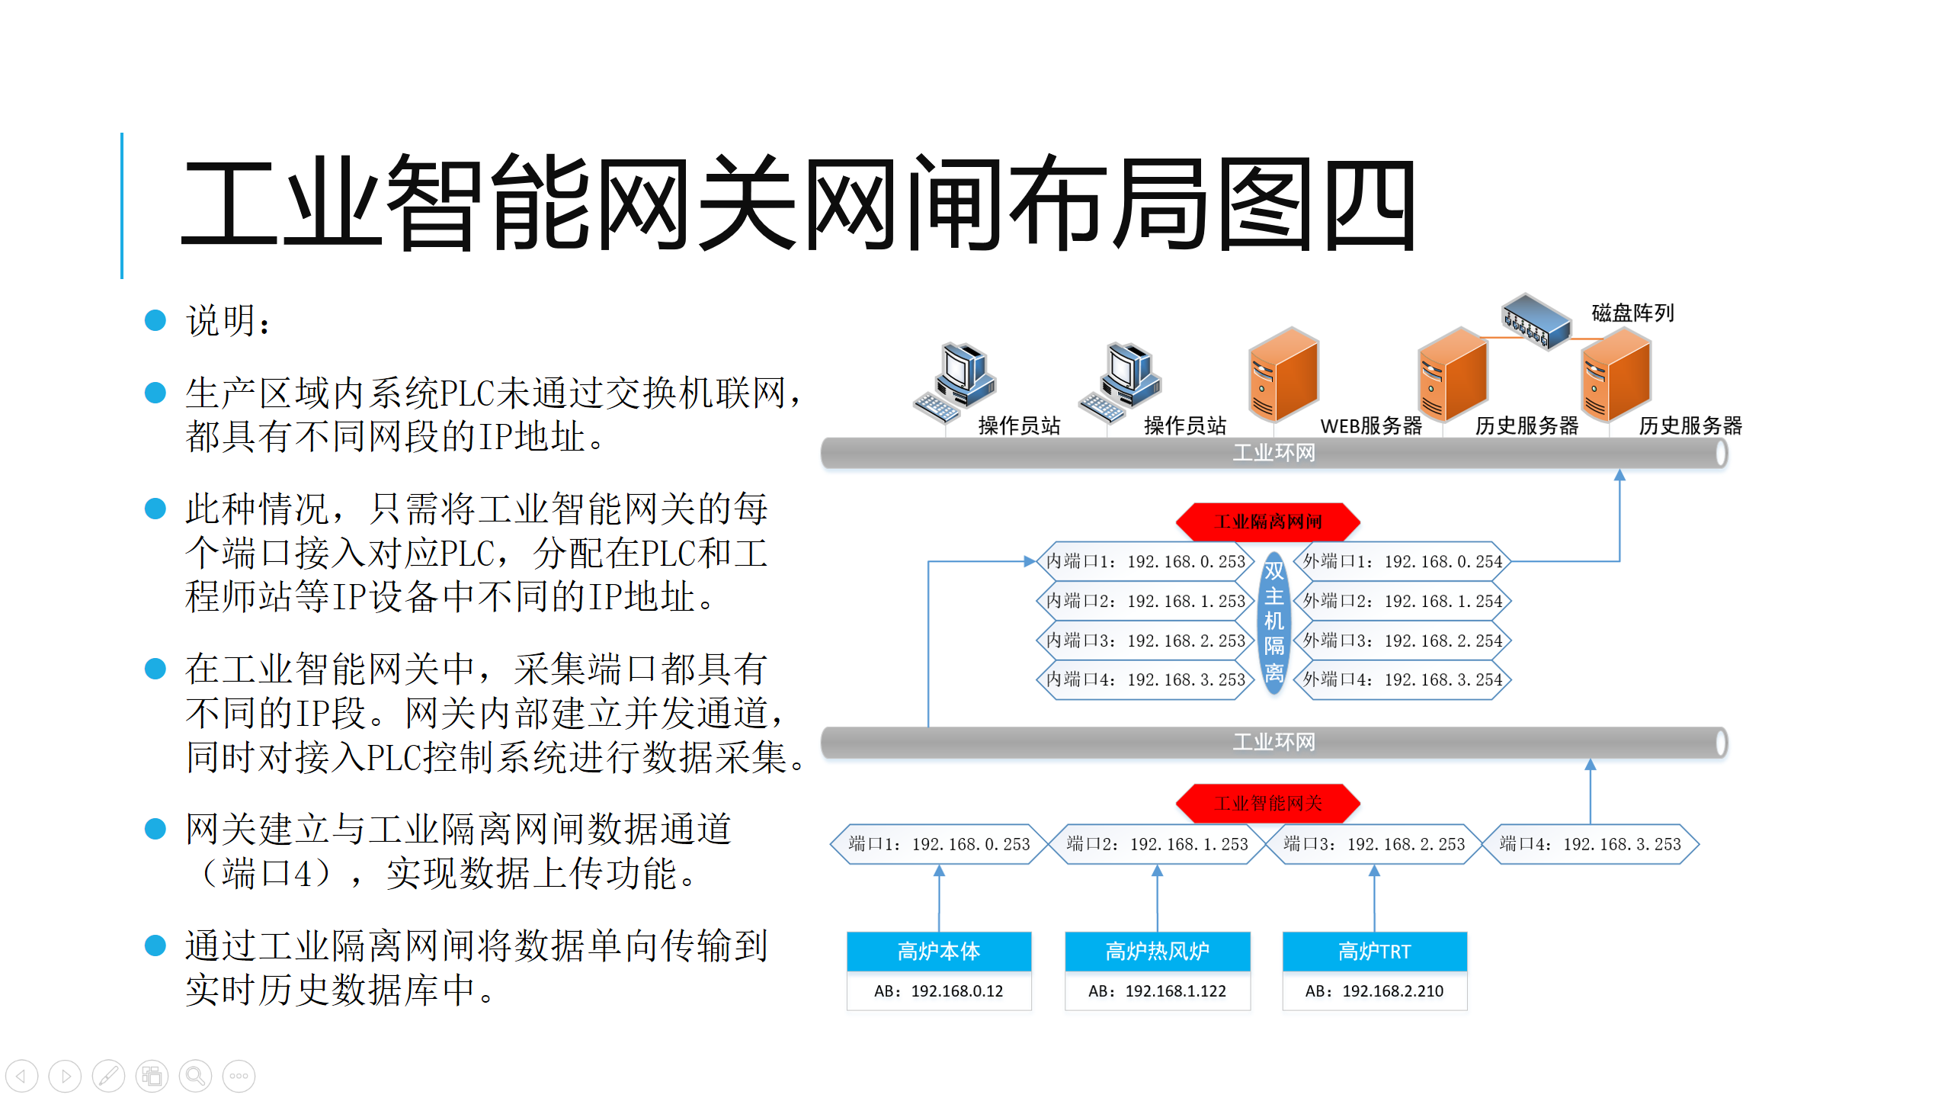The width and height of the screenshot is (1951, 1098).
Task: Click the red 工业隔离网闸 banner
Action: coord(1268,522)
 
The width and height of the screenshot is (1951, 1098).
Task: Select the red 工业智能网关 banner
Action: coord(1268,803)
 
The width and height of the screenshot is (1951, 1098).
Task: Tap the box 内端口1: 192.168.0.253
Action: coord(1145,562)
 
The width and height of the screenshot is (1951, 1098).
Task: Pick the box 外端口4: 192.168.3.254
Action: coord(1402,679)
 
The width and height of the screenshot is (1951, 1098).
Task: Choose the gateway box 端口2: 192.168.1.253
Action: coord(1157,844)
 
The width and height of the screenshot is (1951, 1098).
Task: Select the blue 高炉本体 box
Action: coord(939,952)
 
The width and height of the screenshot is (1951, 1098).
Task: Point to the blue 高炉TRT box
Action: coord(1374,952)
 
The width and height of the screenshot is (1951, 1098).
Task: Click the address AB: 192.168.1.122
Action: coord(1157,991)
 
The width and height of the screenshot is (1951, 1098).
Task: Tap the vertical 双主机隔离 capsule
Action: coord(1273,621)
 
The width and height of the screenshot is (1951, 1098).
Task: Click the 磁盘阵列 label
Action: coord(1632,313)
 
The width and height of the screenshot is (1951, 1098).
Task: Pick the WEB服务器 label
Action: coord(1371,426)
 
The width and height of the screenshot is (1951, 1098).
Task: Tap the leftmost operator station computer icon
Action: coord(956,381)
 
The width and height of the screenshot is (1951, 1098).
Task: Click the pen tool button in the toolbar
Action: coord(108,1076)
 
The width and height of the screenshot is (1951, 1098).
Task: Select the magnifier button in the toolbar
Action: coord(195,1076)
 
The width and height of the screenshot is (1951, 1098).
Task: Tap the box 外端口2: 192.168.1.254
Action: coord(1402,601)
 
